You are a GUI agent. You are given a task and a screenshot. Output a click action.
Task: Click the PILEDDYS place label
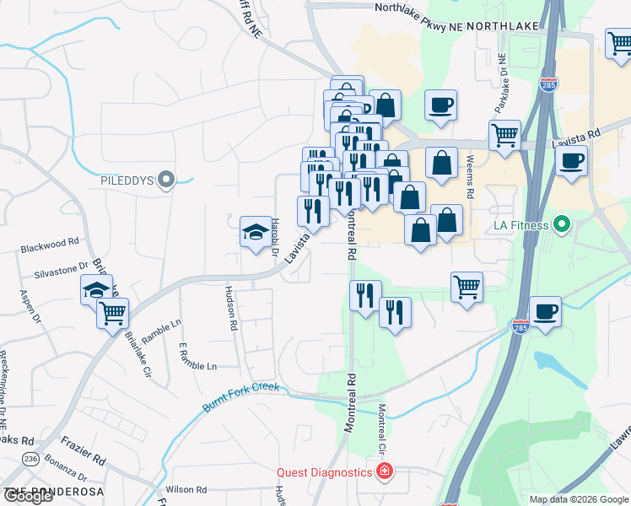click(x=128, y=180)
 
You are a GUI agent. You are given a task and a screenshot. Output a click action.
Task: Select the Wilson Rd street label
click(x=186, y=489)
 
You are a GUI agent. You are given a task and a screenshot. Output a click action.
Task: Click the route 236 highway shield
click(x=31, y=458)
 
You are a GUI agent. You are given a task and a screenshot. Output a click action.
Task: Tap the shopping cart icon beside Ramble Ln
click(x=112, y=314)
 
